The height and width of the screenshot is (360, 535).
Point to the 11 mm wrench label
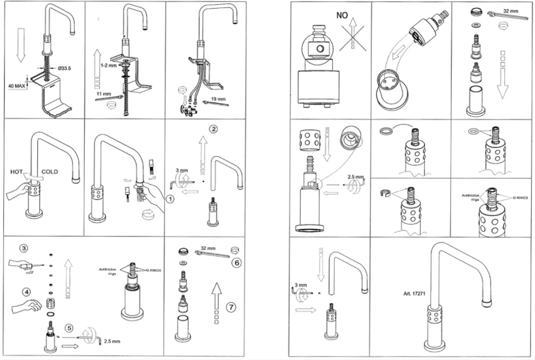pyautogui.click(x=103, y=95)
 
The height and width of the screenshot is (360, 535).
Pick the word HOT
pyautogui.click(x=19, y=172)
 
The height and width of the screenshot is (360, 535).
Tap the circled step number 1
pyautogui.click(x=171, y=199)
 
